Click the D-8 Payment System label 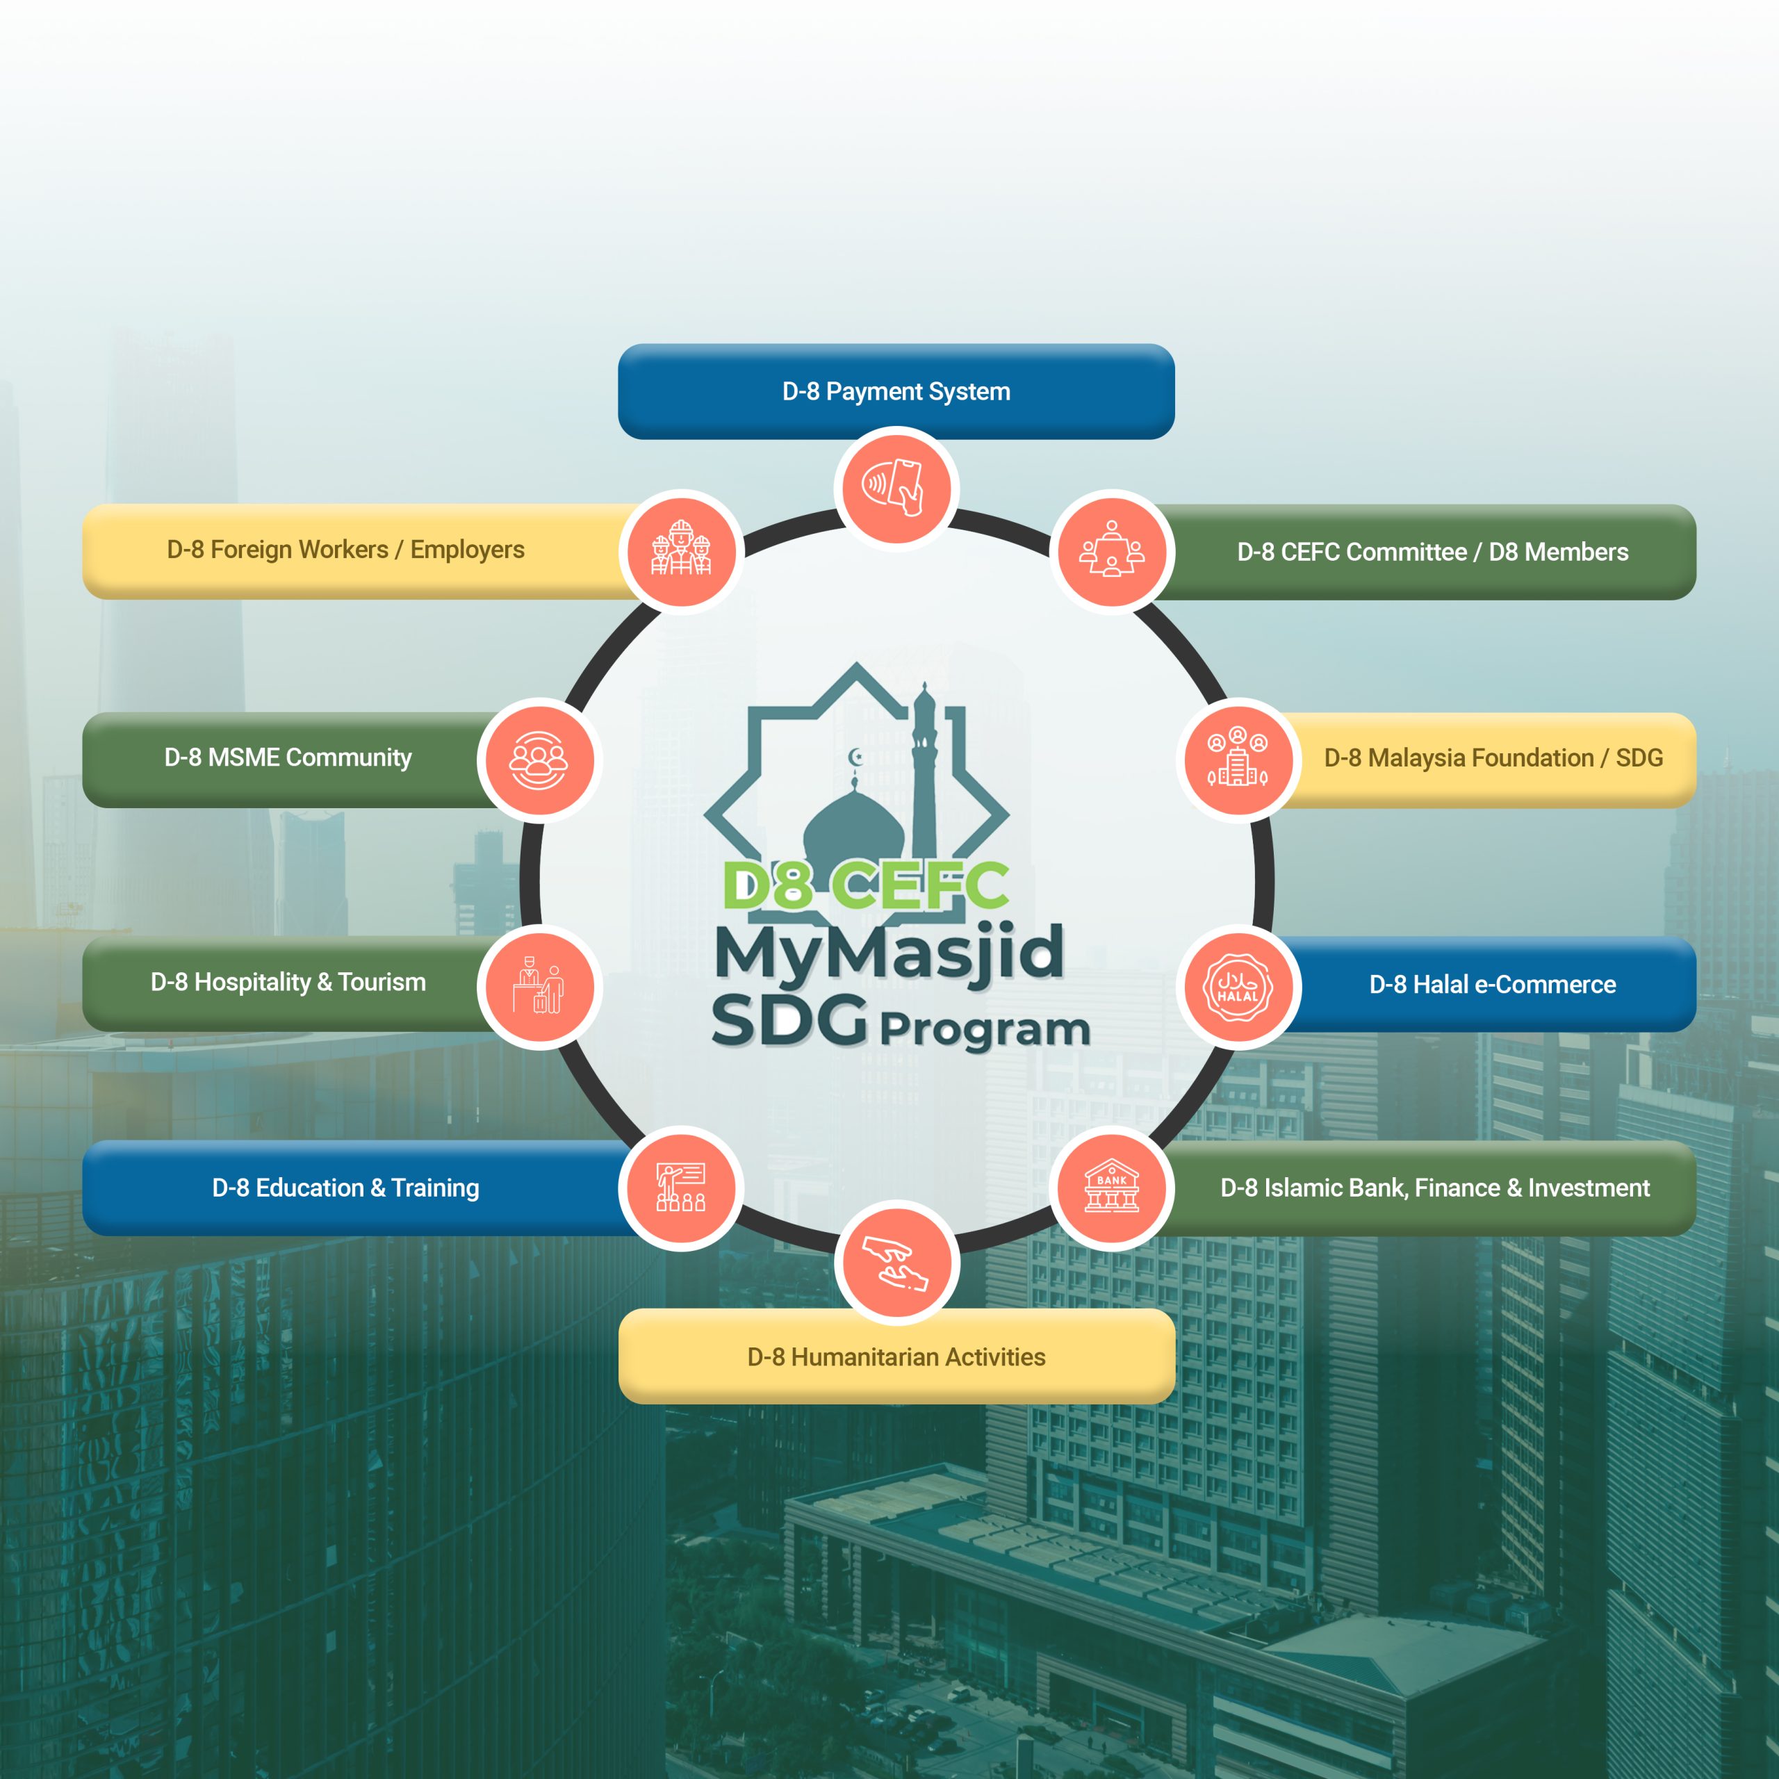(x=896, y=391)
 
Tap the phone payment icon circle (x=896, y=488)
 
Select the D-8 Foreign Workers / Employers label (x=345, y=550)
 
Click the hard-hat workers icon (x=682, y=550)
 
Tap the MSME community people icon (x=539, y=760)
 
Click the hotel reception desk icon (x=539, y=986)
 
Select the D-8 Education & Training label (x=345, y=1188)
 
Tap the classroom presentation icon (x=682, y=1188)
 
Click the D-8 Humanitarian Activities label (x=896, y=1357)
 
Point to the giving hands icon (x=896, y=1263)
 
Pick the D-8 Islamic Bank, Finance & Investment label (x=1434, y=1188)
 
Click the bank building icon (x=1111, y=1188)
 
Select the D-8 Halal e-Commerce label (x=1492, y=984)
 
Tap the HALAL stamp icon (x=1238, y=986)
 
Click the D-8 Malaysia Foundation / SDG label (x=1493, y=758)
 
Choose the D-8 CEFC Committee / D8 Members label (x=1432, y=552)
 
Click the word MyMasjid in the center (x=889, y=953)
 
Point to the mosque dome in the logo (x=853, y=829)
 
